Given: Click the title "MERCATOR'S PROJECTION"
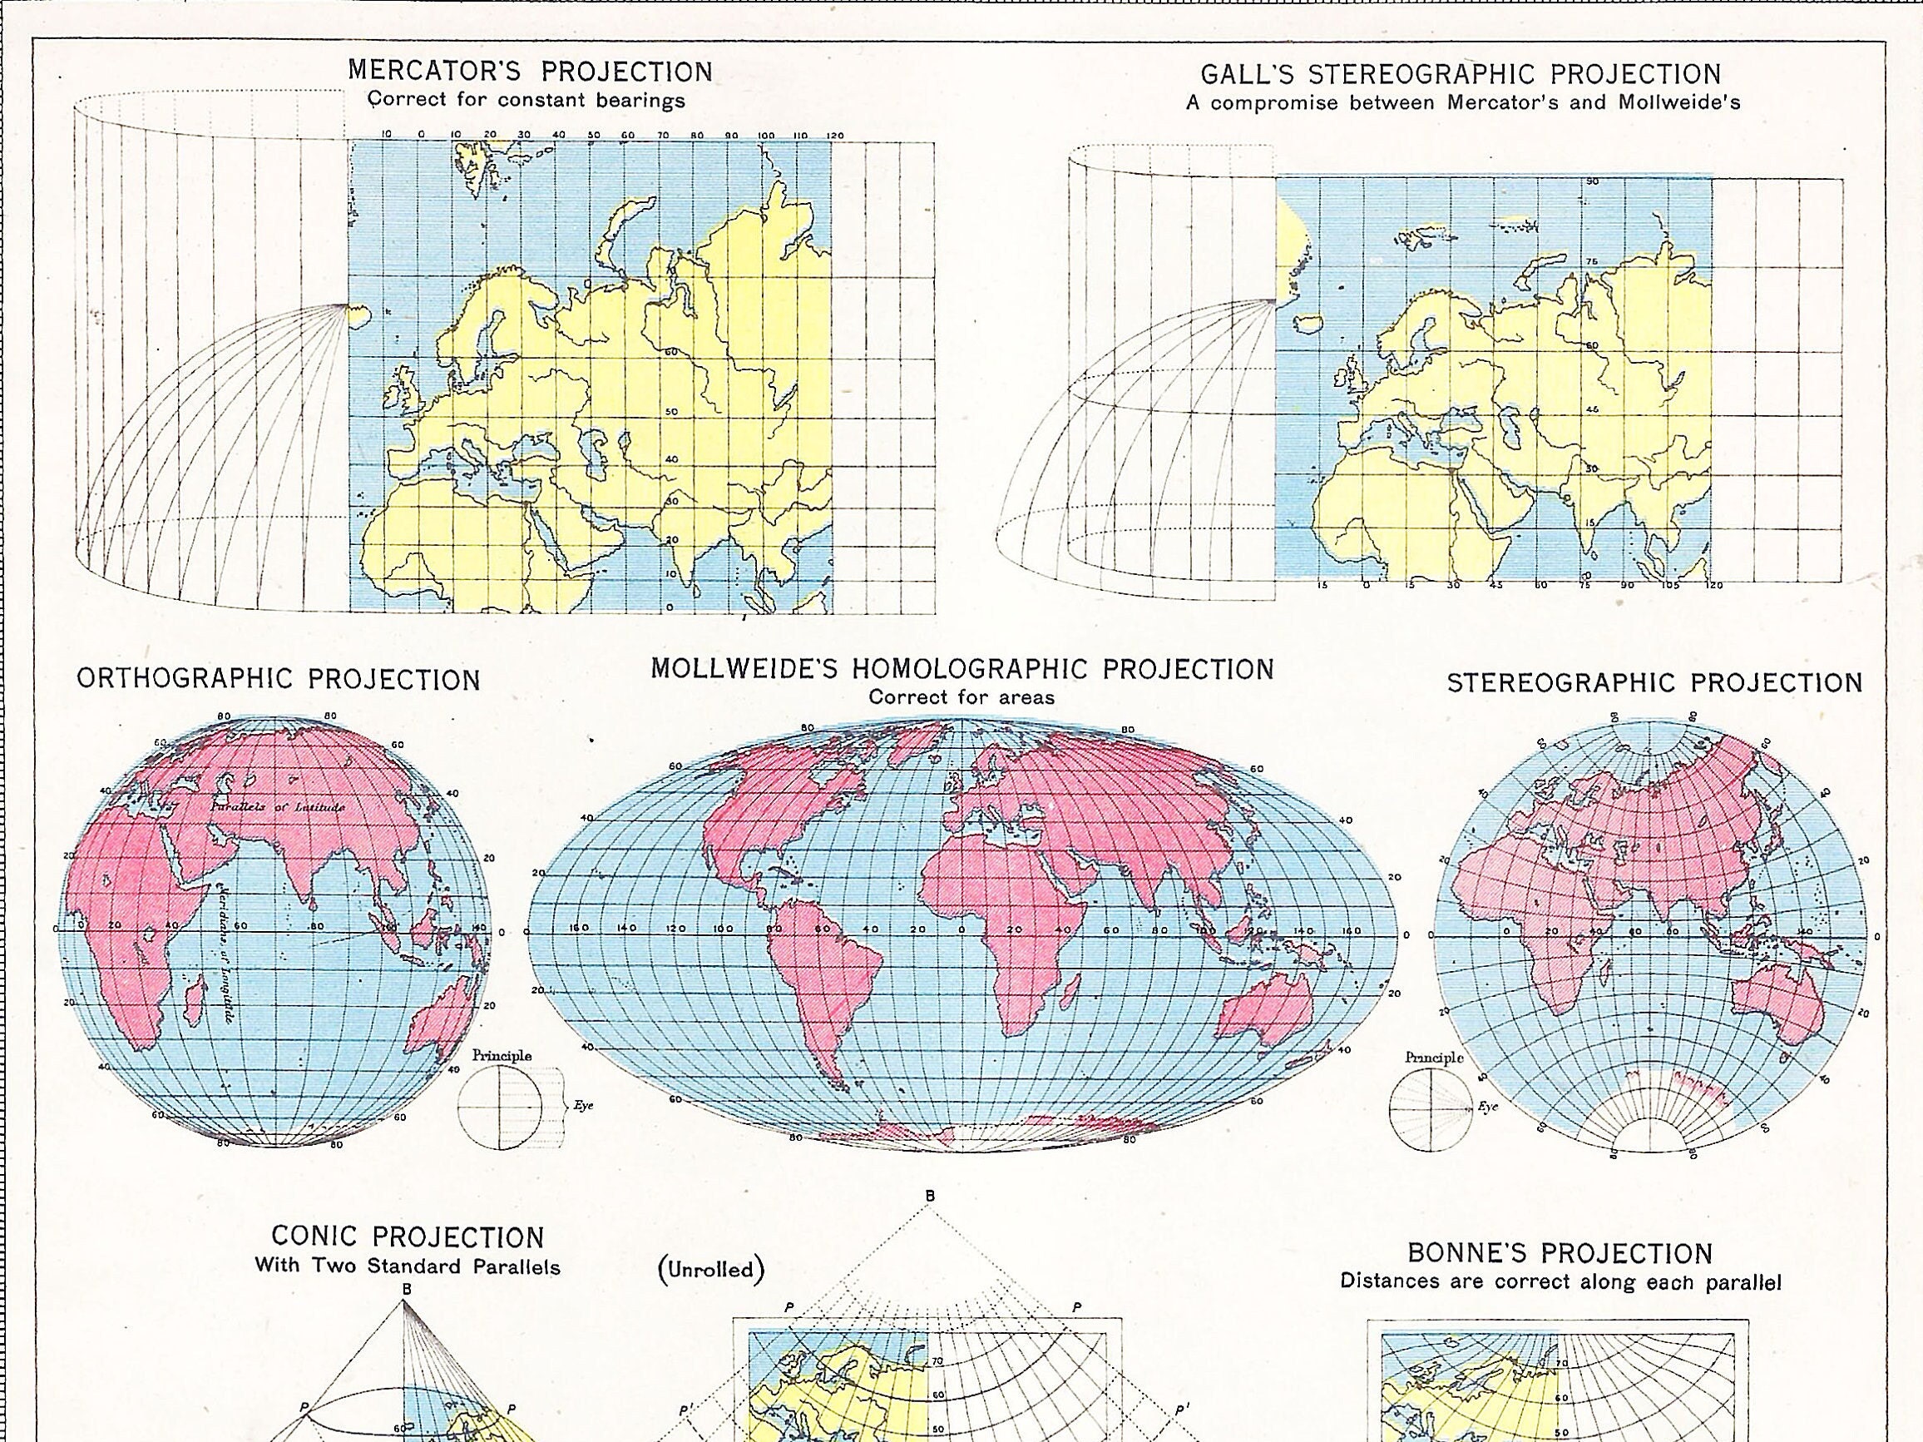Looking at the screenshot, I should point(531,72).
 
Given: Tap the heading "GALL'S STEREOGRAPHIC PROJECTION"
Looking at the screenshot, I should point(1461,75).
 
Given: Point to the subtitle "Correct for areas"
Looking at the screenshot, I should point(961,696).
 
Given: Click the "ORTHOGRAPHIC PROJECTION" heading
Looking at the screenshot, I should point(279,679).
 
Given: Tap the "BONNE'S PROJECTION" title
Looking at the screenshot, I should point(1560,1253).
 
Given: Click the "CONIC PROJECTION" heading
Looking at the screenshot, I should point(408,1236).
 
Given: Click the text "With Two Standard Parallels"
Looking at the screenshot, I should point(408,1266).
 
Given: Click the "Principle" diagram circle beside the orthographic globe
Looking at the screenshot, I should point(500,1108).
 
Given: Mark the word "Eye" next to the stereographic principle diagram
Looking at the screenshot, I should point(1488,1108).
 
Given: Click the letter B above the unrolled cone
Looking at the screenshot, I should point(929,1197).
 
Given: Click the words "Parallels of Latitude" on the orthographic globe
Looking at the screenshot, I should point(277,807).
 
